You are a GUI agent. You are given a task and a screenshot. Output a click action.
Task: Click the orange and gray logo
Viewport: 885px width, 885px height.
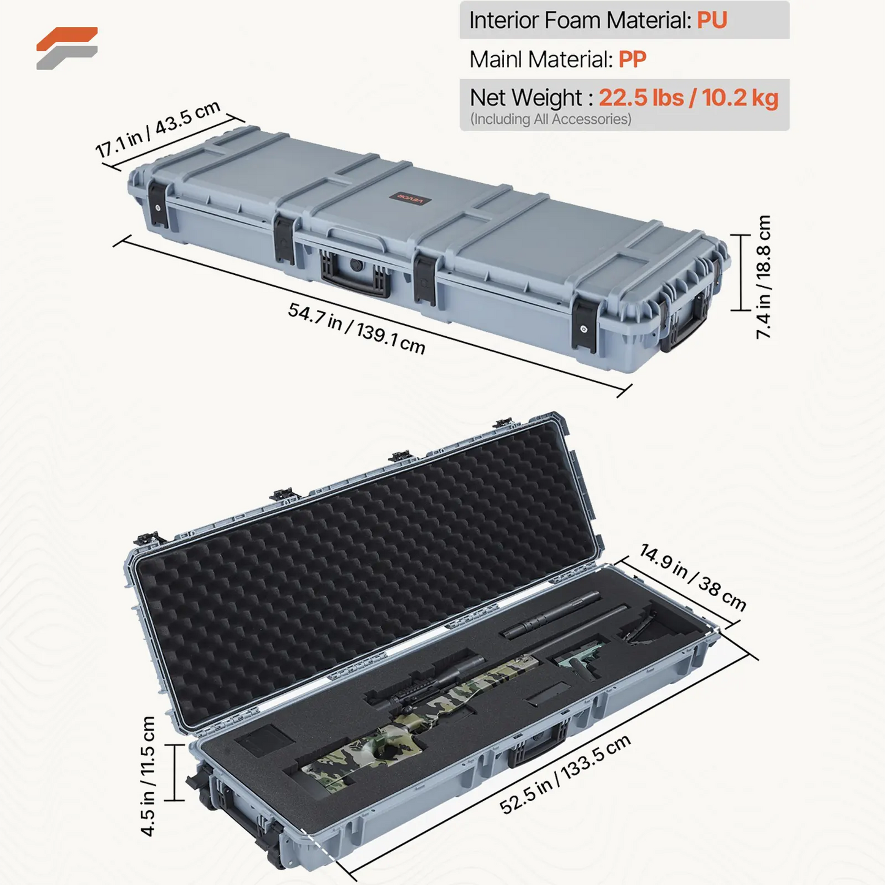tap(67, 48)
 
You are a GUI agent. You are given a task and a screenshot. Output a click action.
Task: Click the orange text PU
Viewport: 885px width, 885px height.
tap(712, 20)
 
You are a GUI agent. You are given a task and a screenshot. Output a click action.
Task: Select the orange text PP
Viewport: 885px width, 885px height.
tap(632, 59)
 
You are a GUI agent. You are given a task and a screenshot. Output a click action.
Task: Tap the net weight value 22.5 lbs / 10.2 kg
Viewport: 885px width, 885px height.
tap(688, 98)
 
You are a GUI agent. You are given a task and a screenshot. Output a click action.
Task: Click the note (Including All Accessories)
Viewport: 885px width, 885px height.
tap(550, 119)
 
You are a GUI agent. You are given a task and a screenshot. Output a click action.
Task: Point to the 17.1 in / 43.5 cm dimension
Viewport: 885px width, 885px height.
tap(157, 129)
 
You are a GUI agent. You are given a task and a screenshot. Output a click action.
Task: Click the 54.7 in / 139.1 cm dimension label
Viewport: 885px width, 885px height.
tap(356, 328)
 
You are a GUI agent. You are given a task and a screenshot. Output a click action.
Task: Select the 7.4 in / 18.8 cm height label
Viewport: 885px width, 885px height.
tap(763, 277)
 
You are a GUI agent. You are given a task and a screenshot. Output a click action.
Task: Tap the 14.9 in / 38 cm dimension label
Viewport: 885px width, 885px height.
tap(693, 577)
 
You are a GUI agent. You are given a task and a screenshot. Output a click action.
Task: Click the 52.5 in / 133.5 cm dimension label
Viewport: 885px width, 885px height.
tap(565, 775)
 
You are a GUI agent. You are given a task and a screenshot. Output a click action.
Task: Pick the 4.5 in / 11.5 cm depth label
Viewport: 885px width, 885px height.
tap(148, 776)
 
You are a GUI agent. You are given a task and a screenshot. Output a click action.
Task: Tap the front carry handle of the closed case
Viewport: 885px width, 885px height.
tap(355, 279)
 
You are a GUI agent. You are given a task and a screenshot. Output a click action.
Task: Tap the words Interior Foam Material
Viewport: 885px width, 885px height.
tap(580, 20)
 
